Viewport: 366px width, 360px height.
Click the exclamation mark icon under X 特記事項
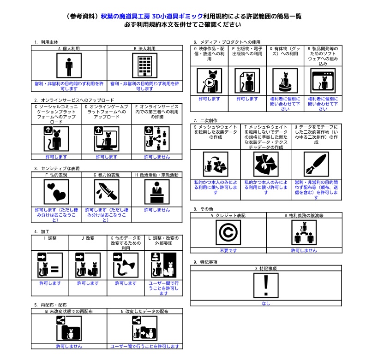pos(265,285)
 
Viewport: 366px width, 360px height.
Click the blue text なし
pos(266,303)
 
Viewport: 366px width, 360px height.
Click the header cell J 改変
pos(88,238)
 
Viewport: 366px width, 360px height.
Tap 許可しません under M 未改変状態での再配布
pos(69,346)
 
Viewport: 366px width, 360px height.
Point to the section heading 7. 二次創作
pos(206,120)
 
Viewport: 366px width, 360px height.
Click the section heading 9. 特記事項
pos(206,262)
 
